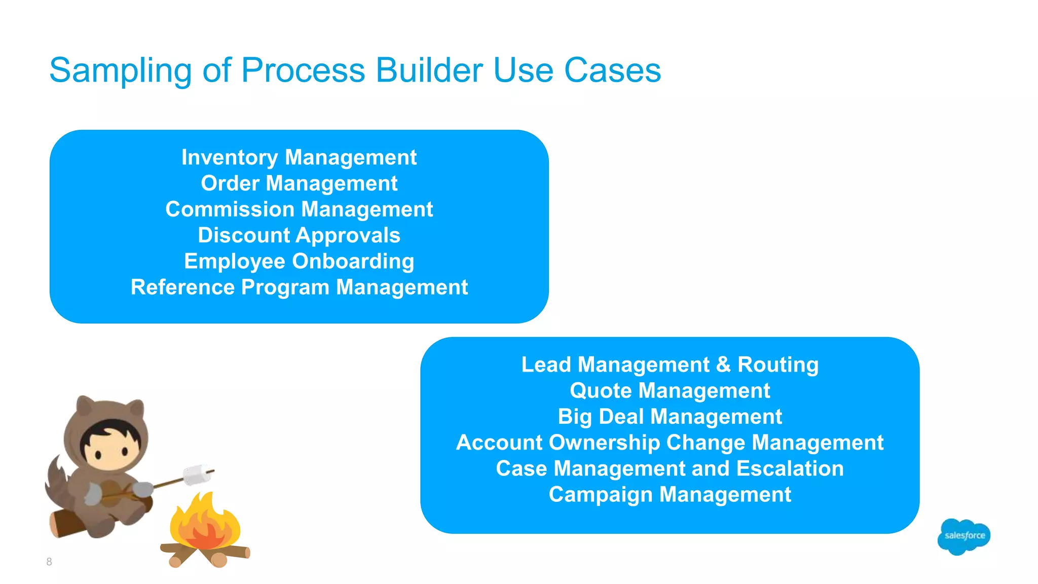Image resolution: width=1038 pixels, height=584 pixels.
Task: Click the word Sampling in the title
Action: [120, 71]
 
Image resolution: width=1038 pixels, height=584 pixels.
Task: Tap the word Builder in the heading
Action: [428, 70]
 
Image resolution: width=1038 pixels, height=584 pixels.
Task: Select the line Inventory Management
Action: [299, 158]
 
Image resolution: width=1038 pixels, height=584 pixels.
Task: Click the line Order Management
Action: [299, 184]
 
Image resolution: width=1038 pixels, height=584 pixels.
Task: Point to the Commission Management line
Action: [299, 209]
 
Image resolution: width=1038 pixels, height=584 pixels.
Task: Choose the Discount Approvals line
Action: [299, 235]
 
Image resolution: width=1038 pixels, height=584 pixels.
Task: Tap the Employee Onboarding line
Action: [299, 262]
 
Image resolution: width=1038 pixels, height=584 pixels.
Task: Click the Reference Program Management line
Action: [299, 287]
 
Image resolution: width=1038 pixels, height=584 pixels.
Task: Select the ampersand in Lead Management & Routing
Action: [723, 365]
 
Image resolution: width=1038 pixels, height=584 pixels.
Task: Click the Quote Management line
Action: [670, 391]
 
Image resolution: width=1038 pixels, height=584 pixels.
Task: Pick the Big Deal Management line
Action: [670, 417]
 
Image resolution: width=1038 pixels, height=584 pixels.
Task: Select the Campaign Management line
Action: [670, 495]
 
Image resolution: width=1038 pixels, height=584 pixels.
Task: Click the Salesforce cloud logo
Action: [963, 536]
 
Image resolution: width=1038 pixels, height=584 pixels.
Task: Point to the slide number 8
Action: [49, 562]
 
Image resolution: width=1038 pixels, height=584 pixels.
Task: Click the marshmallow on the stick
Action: [197, 475]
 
